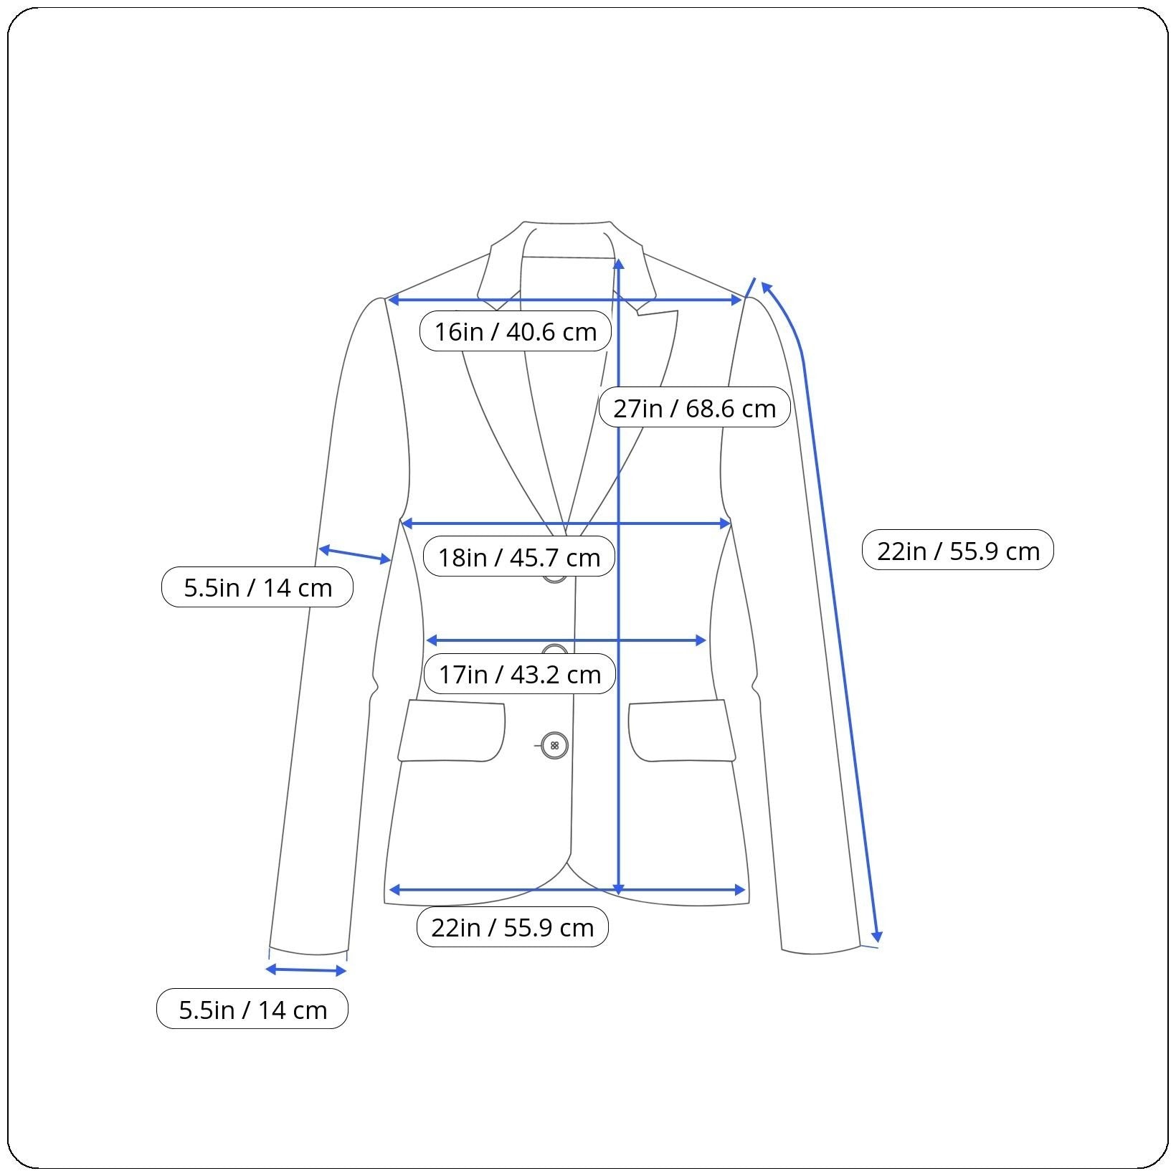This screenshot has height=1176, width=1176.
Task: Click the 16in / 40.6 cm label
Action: click(515, 331)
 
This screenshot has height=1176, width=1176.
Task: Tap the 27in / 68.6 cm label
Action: click(694, 408)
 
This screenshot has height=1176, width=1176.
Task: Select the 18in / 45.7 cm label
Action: click(518, 557)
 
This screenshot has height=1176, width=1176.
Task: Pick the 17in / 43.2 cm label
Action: click(519, 674)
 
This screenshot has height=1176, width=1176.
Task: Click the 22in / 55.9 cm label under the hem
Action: click(512, 927)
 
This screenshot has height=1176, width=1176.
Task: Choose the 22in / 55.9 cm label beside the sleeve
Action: click(957, 551)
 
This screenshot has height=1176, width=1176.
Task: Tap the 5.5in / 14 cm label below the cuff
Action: click(252, 1010)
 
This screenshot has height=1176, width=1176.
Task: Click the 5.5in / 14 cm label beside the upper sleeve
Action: click(257, 587)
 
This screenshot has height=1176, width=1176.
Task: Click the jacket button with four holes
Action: click(554, 746)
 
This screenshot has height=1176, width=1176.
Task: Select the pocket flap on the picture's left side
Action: click(451, 731)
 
